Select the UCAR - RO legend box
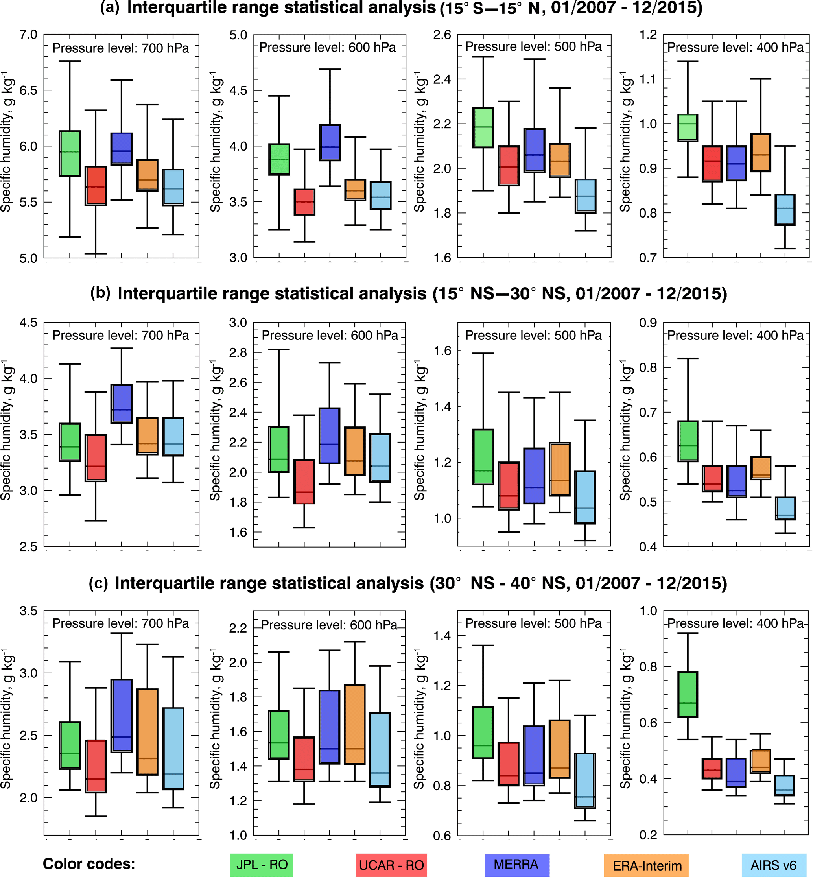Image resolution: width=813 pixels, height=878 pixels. point(391,865)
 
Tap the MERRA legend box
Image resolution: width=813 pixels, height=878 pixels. point(516,865)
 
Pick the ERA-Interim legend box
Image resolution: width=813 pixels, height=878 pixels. point(646,865)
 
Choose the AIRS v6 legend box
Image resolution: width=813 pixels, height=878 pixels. point(773,865)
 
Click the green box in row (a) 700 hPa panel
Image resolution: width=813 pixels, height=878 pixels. point(70,153)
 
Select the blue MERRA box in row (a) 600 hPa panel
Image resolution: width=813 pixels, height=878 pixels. point(330,142)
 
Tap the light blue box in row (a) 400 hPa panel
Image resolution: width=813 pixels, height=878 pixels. point(785,210)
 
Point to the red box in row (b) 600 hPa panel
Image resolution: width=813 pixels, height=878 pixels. point(304,481)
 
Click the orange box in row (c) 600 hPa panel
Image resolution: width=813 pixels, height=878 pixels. point(355,724)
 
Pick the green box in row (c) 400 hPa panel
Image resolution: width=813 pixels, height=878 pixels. point(688,694)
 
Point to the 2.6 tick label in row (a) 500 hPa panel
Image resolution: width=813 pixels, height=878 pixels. point(442,35)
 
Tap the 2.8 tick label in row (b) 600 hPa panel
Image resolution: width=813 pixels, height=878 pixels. point(238,352)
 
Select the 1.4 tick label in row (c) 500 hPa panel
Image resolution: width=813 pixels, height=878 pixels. point(442,635)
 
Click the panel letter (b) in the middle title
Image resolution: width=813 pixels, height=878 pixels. point(100,293)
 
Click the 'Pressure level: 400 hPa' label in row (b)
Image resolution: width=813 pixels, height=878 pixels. point(735,335)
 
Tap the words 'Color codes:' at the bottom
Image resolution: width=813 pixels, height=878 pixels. point(88,864)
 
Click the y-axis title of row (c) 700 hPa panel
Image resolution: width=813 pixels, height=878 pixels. point(7,719)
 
